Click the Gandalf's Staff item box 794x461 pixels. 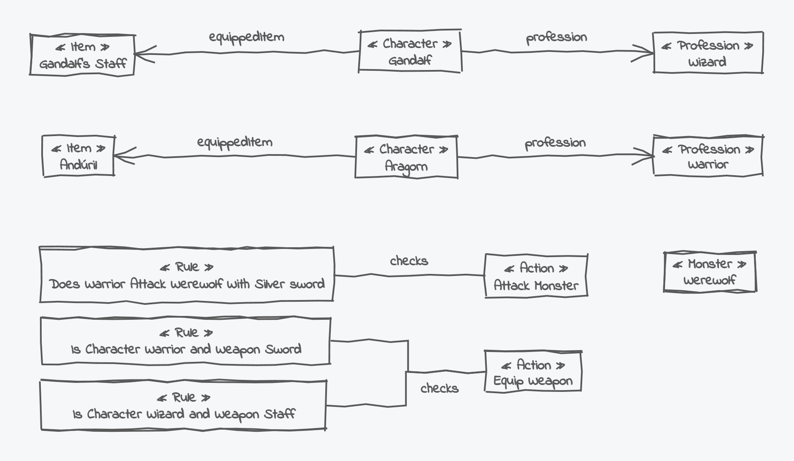click(x=82, y=55)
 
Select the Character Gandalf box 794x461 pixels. click(x=410, y=52)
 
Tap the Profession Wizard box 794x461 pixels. click(x=708, y=53)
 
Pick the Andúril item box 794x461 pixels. click(x=78, y=156)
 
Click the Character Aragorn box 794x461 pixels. click(x=406, y=157)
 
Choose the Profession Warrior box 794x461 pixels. click(x=708, y=156)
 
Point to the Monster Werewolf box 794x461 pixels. click(x=709, y=272)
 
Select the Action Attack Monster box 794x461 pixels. click(x=536, y=276)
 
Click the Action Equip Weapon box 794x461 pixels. click(x=533, y=372)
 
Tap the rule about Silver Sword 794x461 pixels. click(x=186, y=275)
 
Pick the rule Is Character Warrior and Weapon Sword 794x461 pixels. click(x=186, y=341)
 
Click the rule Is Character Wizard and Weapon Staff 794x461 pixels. click(x=183, y=405)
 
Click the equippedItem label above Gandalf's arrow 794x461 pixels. click(x=246, y=37)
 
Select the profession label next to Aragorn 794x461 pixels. click(x=555, y=143)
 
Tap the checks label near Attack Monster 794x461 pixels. click(x=409, y=261)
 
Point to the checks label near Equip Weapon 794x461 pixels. click(x=439, y=388)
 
